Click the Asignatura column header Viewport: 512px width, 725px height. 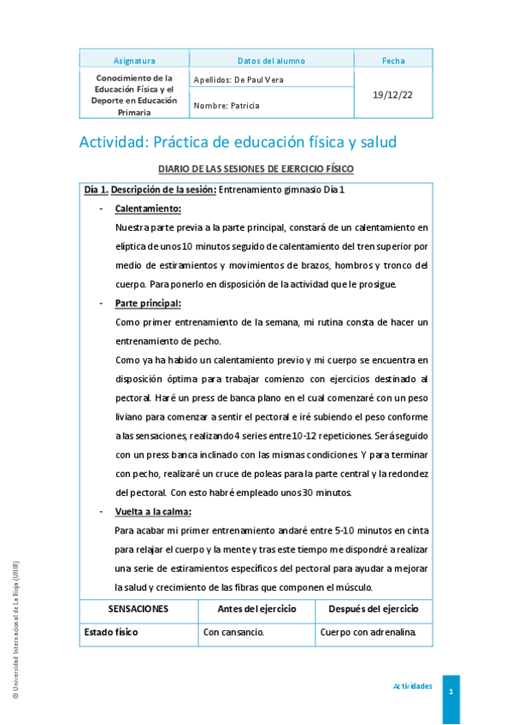(134, 61)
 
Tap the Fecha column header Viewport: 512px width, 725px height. (394, 61)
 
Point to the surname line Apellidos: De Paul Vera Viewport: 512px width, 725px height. (238, 80)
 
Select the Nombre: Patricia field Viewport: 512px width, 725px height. (227, 106)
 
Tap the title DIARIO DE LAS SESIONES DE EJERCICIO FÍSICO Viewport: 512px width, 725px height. (256, 169)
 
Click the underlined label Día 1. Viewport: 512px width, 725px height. (96, 189)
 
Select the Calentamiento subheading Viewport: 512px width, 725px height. (148, 208)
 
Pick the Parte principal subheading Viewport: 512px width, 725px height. (148, 303)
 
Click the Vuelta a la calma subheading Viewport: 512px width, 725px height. (153, 511)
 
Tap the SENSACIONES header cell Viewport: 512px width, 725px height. (138, 609)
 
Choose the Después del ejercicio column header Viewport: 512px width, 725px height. (374, 609)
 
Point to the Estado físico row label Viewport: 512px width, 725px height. (111, 633)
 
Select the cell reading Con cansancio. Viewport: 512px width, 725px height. (233, 633)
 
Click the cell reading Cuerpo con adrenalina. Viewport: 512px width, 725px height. (368, 633)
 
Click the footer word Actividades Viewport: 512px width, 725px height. (412, 687)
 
